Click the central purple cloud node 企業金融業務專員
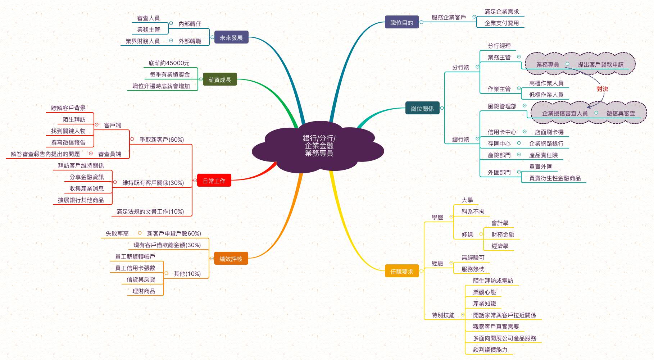click(319, 146)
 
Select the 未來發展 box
click(231, 37)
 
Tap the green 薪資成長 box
click(220, 79)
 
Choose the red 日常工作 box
click(214, 181)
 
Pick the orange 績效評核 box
click(231, 259)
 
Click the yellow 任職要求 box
click(402, 272)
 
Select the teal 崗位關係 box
click(422, 108)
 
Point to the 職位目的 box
click(402, 22)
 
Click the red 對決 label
click(602, 89)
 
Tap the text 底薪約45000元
click(169, 63)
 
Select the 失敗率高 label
click(117, 233)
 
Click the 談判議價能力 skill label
click(490, 350)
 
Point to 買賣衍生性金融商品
click(555, 178)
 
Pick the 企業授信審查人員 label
click(564, 113)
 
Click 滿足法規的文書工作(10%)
click(150, 211)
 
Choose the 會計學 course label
click(500, 223)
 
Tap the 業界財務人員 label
click(142, 41)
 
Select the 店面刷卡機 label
click(549, 132)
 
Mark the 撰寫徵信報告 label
click(68, 142)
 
